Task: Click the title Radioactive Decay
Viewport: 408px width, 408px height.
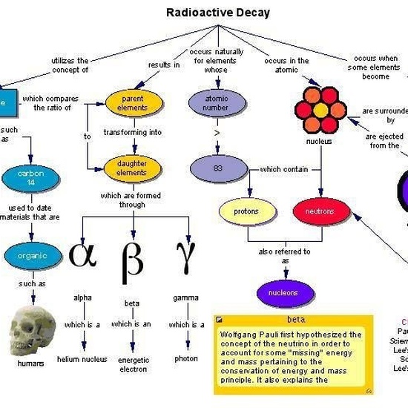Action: coord(217,13)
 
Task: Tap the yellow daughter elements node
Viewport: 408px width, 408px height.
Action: coord(132,168)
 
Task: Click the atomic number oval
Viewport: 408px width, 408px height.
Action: coord(216,102)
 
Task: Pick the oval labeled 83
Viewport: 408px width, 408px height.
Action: coord(217,168)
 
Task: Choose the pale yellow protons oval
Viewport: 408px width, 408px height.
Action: coord(246,211)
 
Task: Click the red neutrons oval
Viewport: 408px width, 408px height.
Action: coord(320,211)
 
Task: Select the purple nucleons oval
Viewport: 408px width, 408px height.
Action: coord(283,292)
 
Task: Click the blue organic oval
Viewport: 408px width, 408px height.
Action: coord(32,256)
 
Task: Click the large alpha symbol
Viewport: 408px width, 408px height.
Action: coord(82,254)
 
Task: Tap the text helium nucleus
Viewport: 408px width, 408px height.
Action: coord(82,359)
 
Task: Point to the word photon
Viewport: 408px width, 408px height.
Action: coord(186,358)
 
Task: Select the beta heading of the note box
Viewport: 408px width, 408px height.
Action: coord(296,320)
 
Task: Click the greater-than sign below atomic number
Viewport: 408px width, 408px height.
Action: coord(217,134)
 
